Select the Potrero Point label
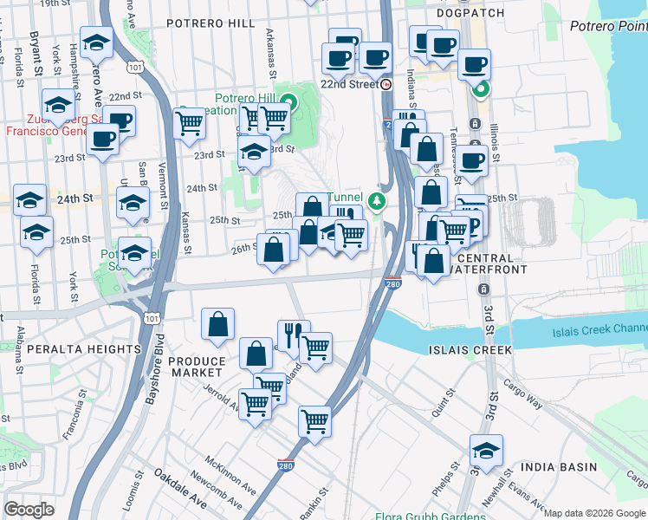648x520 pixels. click(x=607, y=26)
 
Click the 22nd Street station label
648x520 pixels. click(x=349, y=85)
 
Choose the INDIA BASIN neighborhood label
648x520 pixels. click(x=560, y=467)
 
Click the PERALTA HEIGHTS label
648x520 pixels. click(x=71, y=349)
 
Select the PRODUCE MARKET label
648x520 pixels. click(x=196, y=367)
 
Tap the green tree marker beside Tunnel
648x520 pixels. click(x=376, y=202)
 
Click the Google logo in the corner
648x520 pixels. click(x=29, y=509)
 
